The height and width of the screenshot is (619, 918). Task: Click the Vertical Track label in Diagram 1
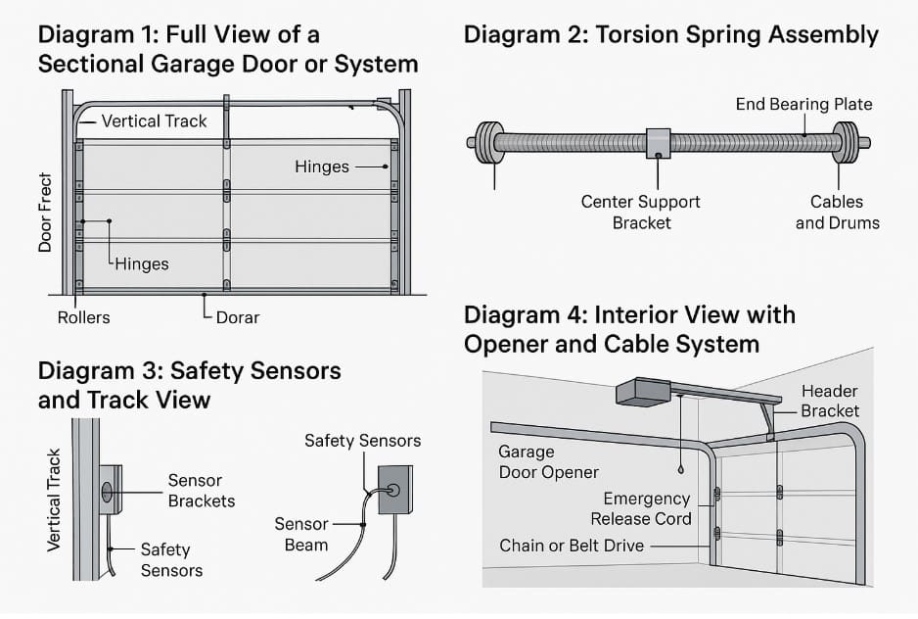[155, 121]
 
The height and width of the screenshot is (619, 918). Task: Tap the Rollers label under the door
[83, 317]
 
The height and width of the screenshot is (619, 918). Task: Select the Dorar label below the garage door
[238, 317]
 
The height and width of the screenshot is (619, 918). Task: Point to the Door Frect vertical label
[45, 214]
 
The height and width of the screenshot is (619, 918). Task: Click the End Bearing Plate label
[803, 104]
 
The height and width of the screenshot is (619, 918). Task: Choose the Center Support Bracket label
[641, 213]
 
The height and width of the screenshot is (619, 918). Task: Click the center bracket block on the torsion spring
[658, 143]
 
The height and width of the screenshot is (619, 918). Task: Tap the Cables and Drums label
[837, 213]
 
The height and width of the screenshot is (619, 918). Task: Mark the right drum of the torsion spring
[845, 143]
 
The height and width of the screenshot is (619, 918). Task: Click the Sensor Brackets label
[201, 491]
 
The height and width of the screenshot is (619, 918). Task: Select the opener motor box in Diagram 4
[643, 391]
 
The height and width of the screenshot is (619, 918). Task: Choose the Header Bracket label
[830, 402]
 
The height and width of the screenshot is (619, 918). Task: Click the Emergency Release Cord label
[647, 509]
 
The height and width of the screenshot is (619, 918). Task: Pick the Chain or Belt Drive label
[572, 546]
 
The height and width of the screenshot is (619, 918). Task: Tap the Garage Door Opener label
[548, 462]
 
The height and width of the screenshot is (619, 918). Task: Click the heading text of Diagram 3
[189, 385]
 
